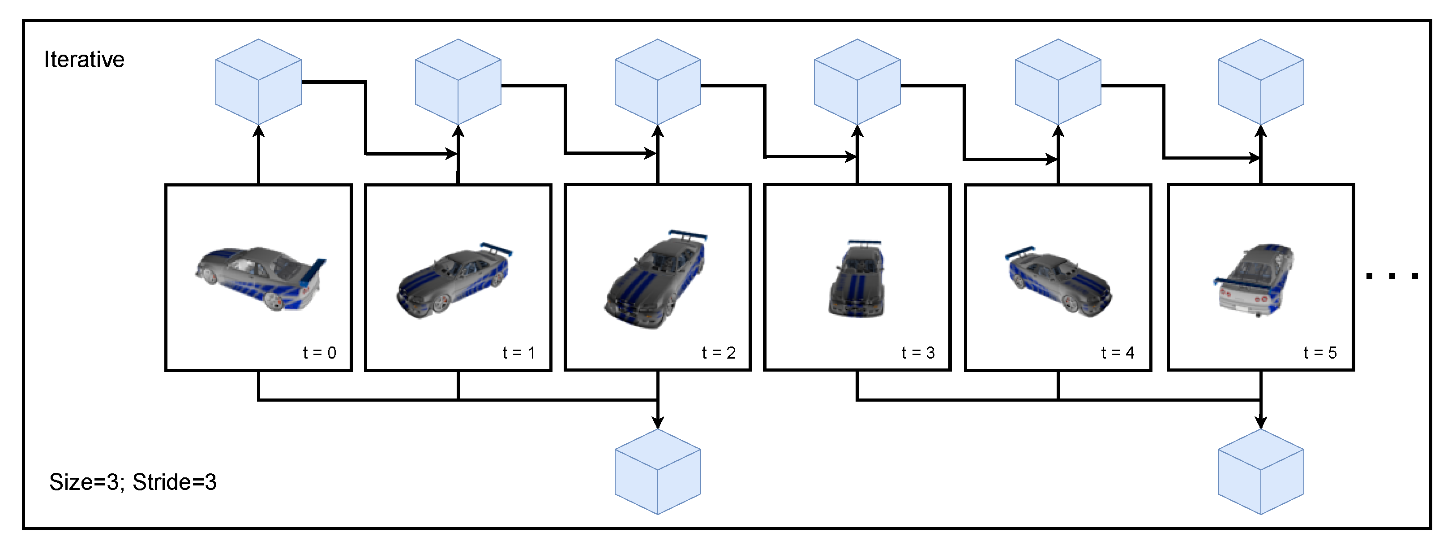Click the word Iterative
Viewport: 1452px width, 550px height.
pos(84,60)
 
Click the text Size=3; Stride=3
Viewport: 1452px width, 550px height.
pos(133,482)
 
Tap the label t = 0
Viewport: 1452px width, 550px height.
pos(320,353)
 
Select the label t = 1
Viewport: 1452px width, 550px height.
pos(518,353)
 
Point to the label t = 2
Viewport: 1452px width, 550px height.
pos(719,353)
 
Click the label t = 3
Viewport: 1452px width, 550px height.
pos(918,353)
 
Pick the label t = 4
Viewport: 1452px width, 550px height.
pos(1118,353)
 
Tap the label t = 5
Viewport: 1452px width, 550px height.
pos(1320,353)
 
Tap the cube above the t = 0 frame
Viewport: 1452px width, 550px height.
pos(259,82)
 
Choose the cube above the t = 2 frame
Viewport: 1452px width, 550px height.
pos(657,82)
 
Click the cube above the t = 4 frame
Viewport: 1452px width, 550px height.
pos(1058,82)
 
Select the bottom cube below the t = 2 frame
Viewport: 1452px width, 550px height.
pos(657,472)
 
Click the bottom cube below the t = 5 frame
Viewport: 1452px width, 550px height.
pos(1261,472)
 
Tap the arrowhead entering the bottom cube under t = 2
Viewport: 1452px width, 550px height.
pos(657,422)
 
